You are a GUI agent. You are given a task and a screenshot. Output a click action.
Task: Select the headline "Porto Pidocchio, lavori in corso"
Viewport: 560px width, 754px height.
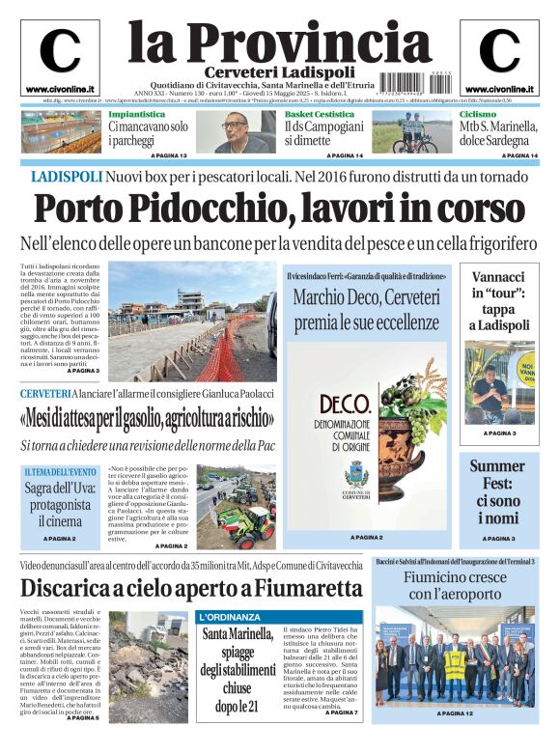tap(279, 209)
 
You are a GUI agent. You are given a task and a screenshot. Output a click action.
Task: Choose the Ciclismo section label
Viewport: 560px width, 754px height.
tap(478, 114)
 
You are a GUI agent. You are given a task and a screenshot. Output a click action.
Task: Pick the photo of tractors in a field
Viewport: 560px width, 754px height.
tap(236, 508)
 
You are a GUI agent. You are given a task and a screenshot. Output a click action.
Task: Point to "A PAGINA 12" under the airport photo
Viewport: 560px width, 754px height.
tap(454, 713)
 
